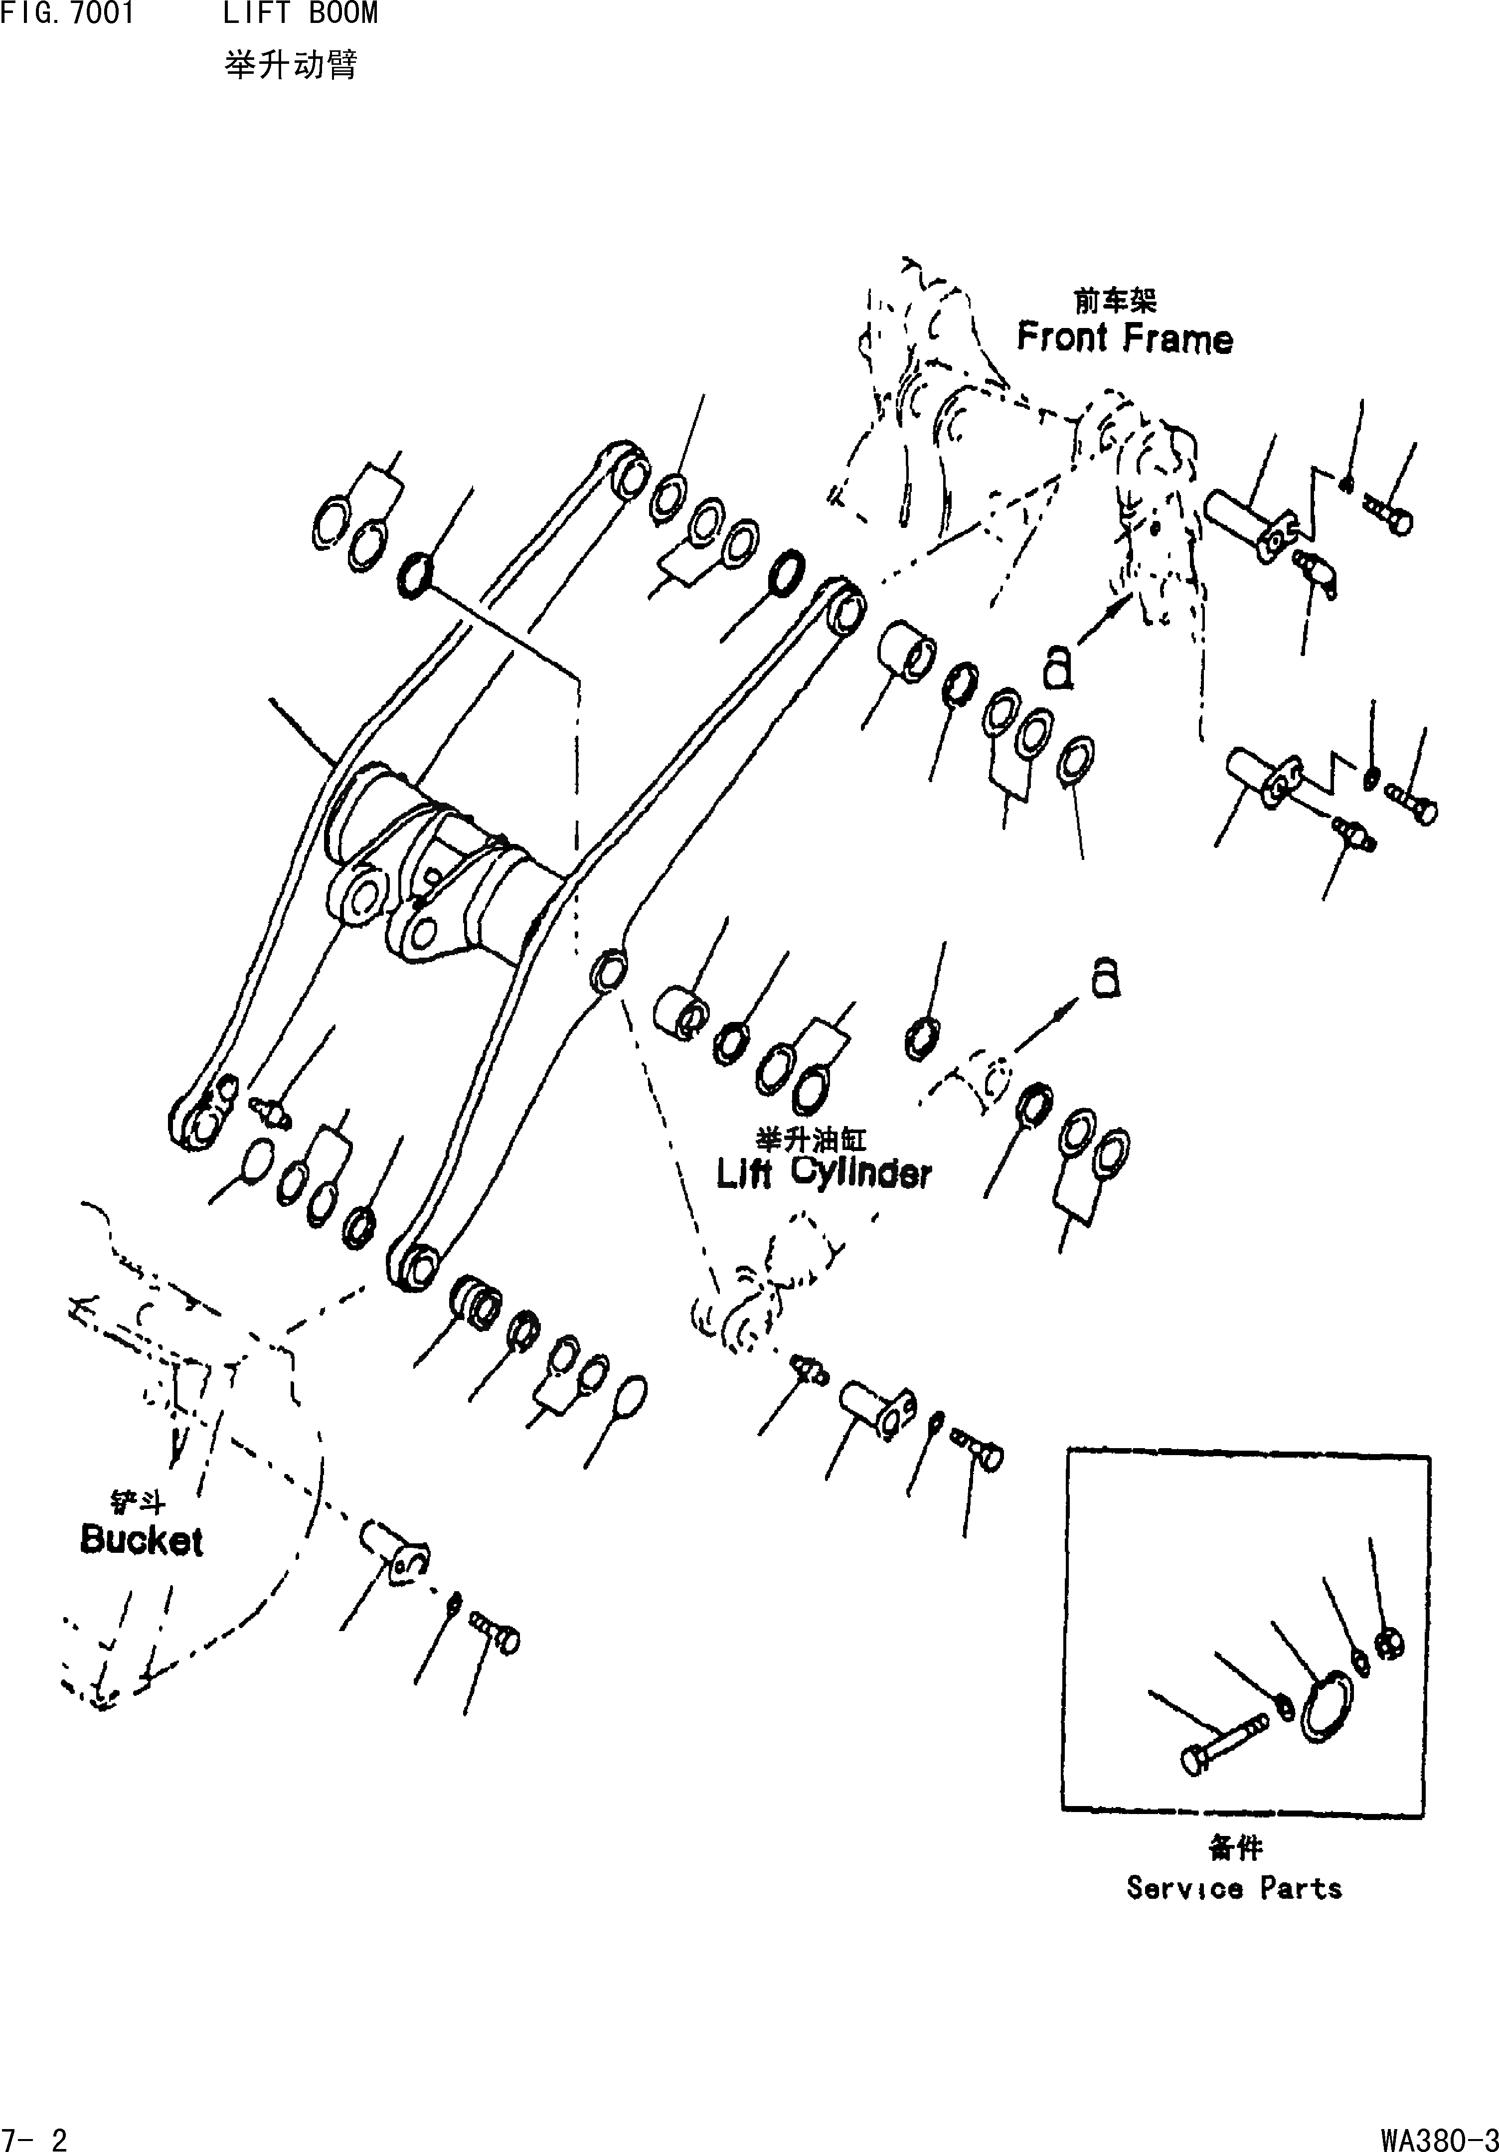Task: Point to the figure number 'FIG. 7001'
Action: (x=67, y=14)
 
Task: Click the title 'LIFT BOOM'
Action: (x=300, y=14)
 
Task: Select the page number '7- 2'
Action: (x=35, y=2137)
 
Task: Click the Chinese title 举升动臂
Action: (x=291, y=66)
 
